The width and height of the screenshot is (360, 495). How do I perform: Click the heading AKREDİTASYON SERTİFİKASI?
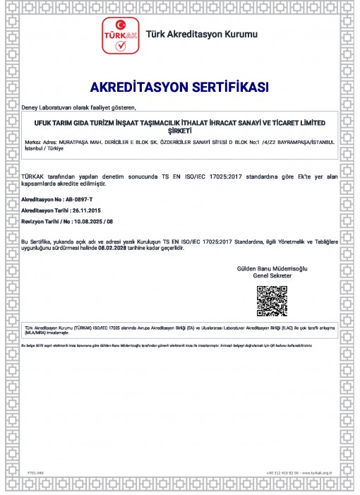pyautogui.click(x=179, y=88)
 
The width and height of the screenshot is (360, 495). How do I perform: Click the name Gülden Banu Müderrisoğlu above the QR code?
pyautogui.click(x=271, y=270)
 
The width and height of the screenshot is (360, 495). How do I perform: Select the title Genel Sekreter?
pyautogui.click(x=271, y=277)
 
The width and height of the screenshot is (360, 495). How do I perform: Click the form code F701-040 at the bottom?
pyautogui.click(x=35, y=472)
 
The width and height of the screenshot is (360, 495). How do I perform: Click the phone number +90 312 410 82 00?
pyautogui.click(x=281, y=472)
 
